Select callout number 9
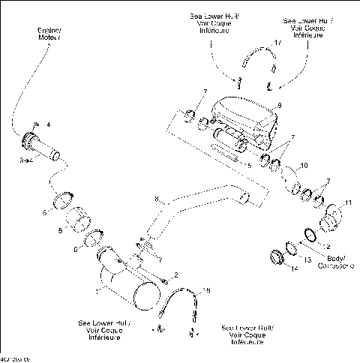279,106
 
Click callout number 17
279,45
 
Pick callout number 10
303,164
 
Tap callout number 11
348,202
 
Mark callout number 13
306,259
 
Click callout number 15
208,289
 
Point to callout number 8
155,200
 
